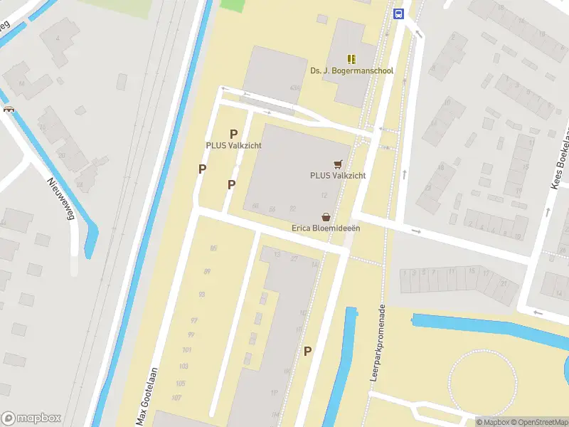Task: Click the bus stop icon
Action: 398,14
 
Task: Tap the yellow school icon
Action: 351,58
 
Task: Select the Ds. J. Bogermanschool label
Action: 351,71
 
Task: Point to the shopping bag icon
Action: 326,216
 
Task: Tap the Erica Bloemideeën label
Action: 326,228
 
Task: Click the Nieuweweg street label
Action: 61,200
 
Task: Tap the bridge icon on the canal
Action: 9,109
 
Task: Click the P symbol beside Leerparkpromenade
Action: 308,351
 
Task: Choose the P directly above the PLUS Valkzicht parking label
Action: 233,134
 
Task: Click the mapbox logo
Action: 31,418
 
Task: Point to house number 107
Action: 177,397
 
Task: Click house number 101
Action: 187,350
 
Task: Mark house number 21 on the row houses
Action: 504,283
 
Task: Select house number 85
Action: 213,248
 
